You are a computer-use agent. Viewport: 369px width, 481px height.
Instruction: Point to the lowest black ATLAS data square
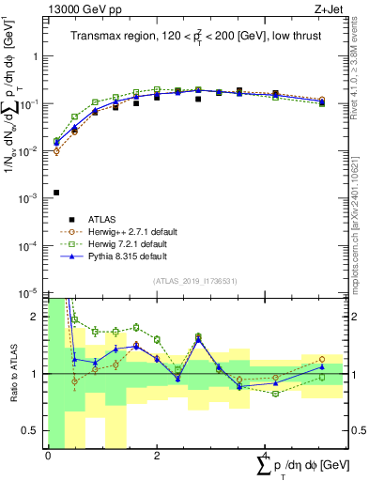click(x=56, y=193)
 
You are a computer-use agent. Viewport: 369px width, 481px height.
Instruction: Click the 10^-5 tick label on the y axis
click(x=28, y=292)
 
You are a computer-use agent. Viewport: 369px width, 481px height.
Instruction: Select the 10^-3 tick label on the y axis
click(x=28, y=198)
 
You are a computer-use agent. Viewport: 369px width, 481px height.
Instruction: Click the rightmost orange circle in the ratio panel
click(x=321, y=359)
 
